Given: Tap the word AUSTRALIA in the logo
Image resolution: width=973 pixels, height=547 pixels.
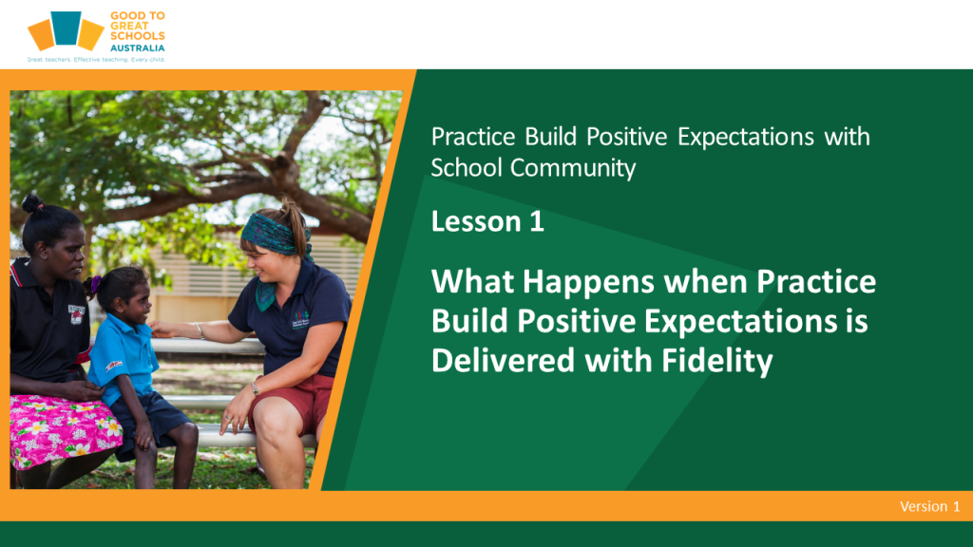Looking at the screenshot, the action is [x=137, y=47].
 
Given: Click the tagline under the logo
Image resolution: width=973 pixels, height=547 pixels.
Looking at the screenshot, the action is [x=96, y=60].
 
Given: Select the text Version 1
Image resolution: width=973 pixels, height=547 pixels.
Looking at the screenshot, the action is [x=929, y=506].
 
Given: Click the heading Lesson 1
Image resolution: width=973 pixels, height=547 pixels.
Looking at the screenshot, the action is [x=487, y=221].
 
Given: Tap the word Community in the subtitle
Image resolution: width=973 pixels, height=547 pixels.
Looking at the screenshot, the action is [x=573, y=168].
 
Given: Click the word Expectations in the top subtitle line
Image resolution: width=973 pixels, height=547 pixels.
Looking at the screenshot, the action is [x=745, y=137].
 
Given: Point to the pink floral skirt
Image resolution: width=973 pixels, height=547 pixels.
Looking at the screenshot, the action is [x=63, y=429].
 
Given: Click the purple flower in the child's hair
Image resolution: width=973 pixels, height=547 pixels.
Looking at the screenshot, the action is [x=95, y=284].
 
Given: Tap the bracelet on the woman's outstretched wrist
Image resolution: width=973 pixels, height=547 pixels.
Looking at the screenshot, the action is [x=200, y=330].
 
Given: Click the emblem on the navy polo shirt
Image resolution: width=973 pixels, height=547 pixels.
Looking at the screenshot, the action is [x=300, y=319].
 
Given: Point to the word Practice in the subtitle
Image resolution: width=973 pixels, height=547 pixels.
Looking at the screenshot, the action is [x=473, y=137].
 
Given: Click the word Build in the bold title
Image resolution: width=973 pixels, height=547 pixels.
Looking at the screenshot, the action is [x=471, y=321].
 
